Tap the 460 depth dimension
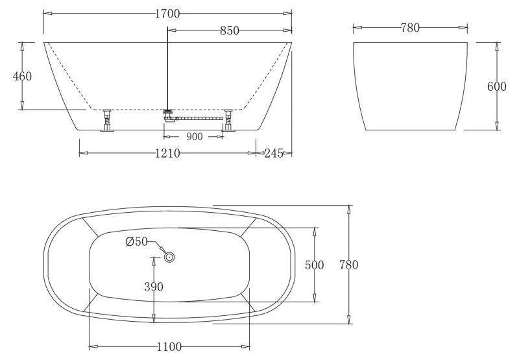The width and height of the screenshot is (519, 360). tap(22, 76)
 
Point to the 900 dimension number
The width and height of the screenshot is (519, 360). tap(194, 136)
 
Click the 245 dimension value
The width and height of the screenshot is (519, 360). tap(276, 153)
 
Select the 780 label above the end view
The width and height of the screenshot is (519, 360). tap(410, 27)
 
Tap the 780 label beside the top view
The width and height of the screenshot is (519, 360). tap(348, 265)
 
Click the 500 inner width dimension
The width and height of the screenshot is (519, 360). tap(315, 265)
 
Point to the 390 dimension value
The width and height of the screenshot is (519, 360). tap(154, 286)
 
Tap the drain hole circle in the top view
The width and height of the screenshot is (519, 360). tap(170, 258)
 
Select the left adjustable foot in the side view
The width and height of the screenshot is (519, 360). tap(106, 122)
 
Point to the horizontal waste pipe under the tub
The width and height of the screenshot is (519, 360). tap(198, 118)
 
